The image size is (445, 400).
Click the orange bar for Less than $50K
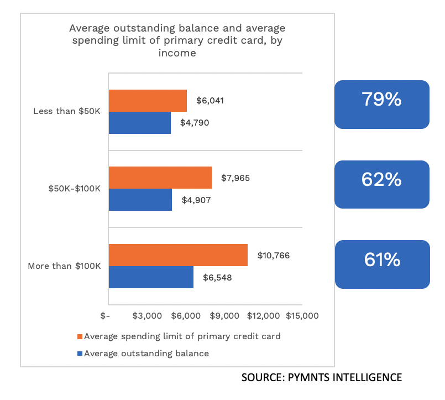(x=148, y=101)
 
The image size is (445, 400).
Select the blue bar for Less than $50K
(x=140, y=123)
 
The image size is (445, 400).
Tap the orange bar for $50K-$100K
(x=160, y=178)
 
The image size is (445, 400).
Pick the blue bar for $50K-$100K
(x=140, y=200)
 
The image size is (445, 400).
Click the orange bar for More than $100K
(x=178, y=255)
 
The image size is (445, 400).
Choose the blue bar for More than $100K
(x=151, y=277)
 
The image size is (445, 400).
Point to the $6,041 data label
(x=210, y=101)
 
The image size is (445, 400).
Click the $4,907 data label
(x=195, y=200)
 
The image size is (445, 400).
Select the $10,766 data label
(x=274, y=256)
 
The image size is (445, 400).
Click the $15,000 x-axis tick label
(x=302, y=316)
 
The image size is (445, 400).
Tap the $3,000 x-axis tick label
(x=148, y=316)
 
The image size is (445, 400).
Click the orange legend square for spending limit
(x=80, y=336)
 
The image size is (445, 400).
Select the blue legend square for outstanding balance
(x=80, y=354)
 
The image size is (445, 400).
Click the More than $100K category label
(x=64, y=266)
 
